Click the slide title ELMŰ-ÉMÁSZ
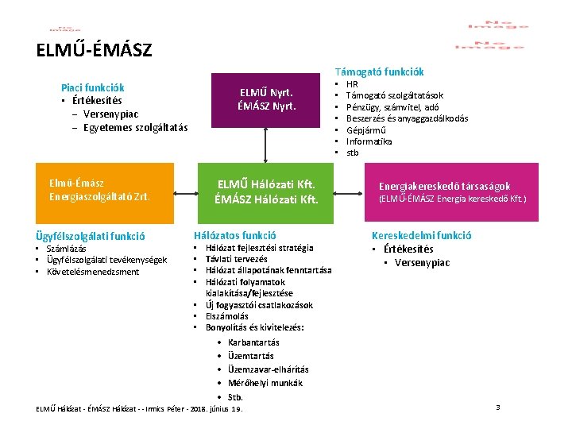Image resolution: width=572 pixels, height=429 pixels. [x=94, y=51]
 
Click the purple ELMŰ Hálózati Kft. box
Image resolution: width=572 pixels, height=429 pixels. [x=266, y=191]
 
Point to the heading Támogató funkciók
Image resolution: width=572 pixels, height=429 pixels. [x=379, y=71]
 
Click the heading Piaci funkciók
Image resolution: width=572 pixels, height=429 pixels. [x=92, y=87]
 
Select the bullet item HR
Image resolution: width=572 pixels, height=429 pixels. [x=353, y=83]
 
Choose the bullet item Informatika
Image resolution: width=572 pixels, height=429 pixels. [x=369, y=141]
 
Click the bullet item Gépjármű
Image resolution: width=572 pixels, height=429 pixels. [x=365, y=129]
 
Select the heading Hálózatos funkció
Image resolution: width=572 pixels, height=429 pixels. [x=235, y=235]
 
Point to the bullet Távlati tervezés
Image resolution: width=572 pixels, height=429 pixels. [x=237, y=259]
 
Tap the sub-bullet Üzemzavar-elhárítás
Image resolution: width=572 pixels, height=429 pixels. [x=268, y=369]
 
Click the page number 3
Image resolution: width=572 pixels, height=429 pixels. [x=498, y=408]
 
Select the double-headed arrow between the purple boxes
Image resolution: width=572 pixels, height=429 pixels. [x=266, y=145]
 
